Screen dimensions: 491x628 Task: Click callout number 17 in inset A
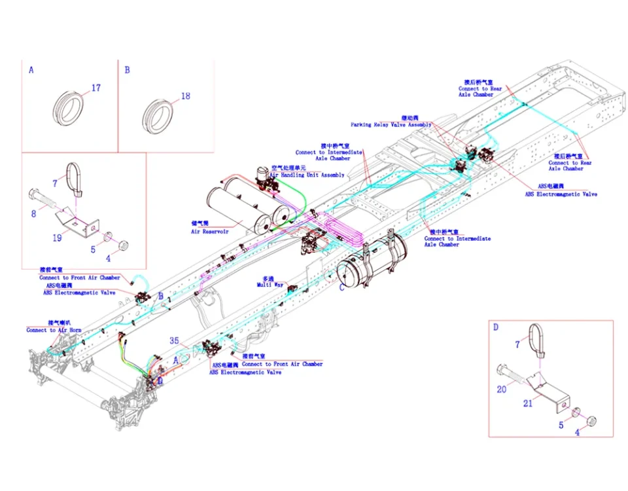pyautogui.click(x=96, y=88)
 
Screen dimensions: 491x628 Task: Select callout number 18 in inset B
pyautogui.click(x=186, y=96)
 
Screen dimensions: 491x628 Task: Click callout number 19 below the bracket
pyautogui.click(x=57, y=238)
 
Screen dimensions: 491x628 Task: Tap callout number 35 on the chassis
pyautogui.click(x=174, y=340)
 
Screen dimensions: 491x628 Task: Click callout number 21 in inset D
pyautogui.click(x=527, y=403)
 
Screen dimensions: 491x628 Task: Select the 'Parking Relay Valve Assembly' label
pyautogui.click(x=391, y=124)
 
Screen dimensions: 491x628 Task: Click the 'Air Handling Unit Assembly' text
pyautogui.click(x=307, y=175)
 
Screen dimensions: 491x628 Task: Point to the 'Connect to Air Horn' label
pyautogui.click(x=54, y=331)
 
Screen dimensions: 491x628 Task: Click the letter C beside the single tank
pyautogui.click(x=341, y=286)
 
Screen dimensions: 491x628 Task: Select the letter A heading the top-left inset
pyautogui.click(x=31, y=69)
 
